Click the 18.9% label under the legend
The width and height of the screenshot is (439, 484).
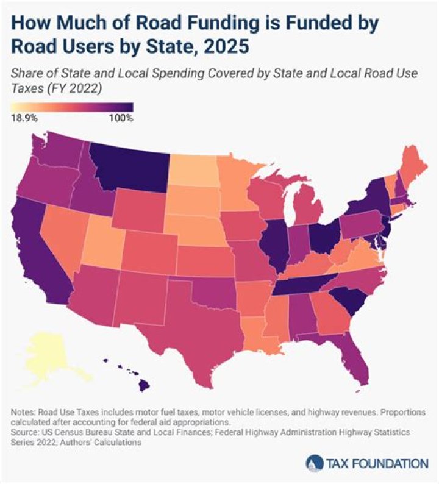click(x=24, y=118)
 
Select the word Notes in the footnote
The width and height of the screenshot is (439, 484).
click(x=23, y=410)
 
